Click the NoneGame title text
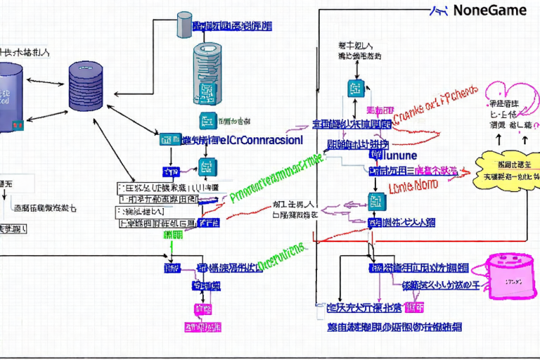tap(489, 11)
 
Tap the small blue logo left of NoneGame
tap(439, 10)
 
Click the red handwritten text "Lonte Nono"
tap(413, 186)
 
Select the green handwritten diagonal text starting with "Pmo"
tap(274, 179)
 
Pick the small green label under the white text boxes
tap(173, 235)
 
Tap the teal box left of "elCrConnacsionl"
tap(169, 140)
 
